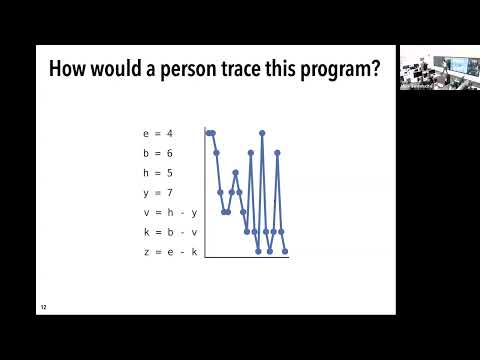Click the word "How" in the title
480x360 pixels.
point(70,71)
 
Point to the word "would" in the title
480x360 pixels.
point(130,71)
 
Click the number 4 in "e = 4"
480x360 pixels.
point(170,133)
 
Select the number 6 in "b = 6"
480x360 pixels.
point(170,153)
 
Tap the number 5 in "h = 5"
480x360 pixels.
point(170,172)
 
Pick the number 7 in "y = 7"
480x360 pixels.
point(170,192)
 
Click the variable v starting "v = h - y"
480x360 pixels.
point(146,212)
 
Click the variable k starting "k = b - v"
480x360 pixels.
point(146,232)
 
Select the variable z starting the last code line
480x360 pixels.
point(146,252)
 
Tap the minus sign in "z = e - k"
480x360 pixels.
point(182,252)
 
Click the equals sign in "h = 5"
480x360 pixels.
point(158,172)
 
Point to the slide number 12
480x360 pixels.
point(43,307)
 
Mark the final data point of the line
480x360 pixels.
point(285,252)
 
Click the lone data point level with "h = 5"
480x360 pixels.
point(235,172)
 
